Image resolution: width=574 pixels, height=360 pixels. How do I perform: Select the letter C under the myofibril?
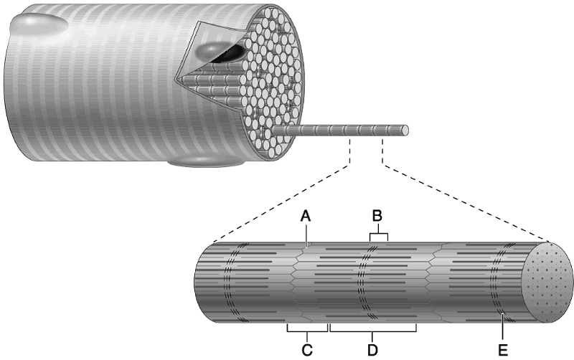point(307,350)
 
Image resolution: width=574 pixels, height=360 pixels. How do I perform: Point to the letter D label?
point(373,350)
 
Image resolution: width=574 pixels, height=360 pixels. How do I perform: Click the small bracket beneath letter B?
point(378,235)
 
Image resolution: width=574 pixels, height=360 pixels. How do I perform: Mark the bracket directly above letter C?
point(307,331)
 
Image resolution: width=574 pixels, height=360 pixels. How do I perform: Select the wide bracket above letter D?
point(373,331)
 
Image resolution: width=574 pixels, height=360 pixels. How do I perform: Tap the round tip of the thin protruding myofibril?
point(405,131)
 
